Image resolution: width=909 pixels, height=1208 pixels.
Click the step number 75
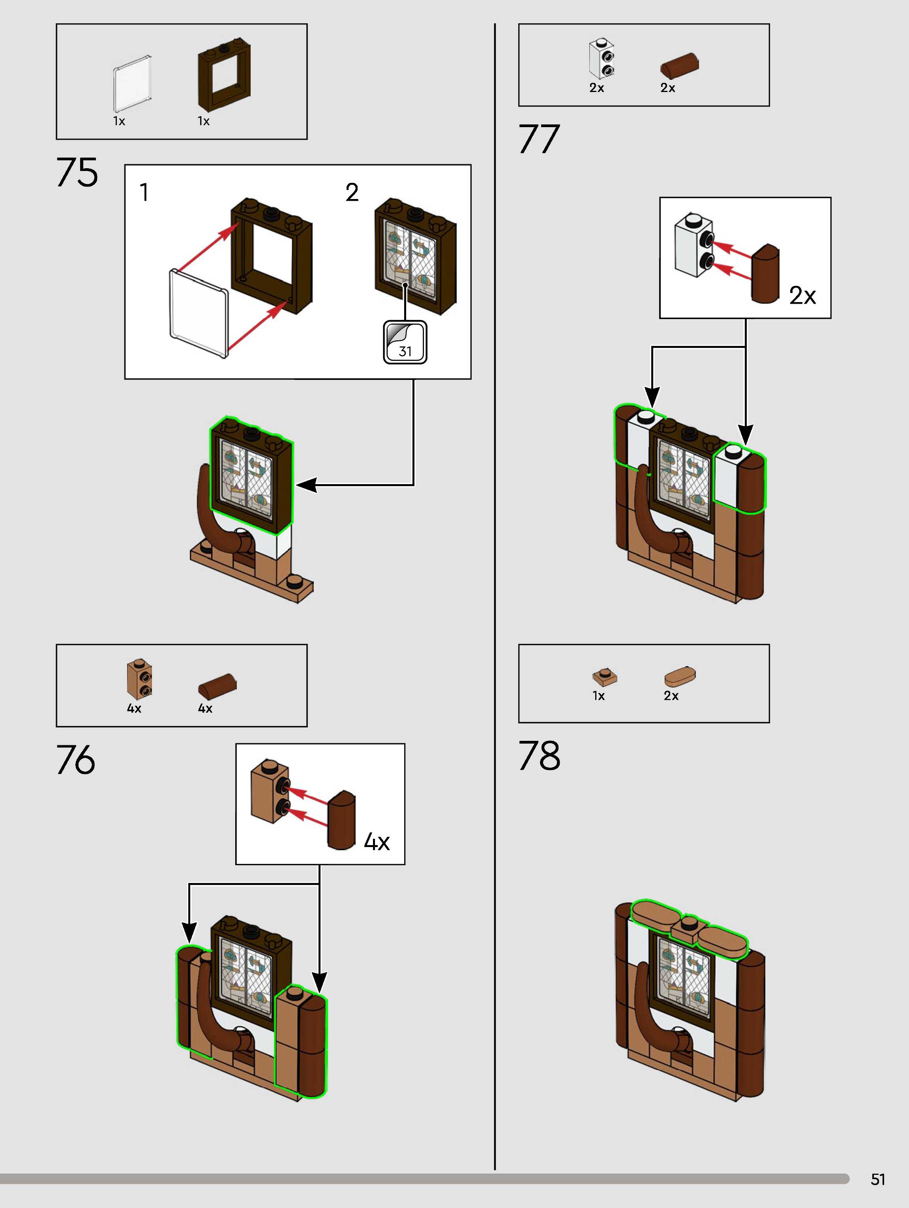coord(77,172)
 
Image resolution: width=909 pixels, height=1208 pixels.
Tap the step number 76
coord(76,760)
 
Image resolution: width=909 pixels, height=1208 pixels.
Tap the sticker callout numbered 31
coord(405,343)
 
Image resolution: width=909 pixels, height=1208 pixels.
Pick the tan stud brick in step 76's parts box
coord(140,679)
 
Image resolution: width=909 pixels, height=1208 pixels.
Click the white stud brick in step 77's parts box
coord(603,58)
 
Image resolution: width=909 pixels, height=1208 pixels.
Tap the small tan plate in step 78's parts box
coord(604,677)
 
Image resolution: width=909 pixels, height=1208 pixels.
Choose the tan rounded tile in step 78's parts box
coord(680,676)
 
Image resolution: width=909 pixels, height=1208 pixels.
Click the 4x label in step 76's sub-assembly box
coord(377,842)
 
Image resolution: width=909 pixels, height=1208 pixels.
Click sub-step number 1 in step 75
coord(144,192)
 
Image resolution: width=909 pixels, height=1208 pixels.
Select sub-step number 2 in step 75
coord(352,192)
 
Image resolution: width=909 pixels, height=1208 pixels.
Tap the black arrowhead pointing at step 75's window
coord(306,485)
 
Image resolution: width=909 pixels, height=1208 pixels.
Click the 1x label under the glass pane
coord(119,121)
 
